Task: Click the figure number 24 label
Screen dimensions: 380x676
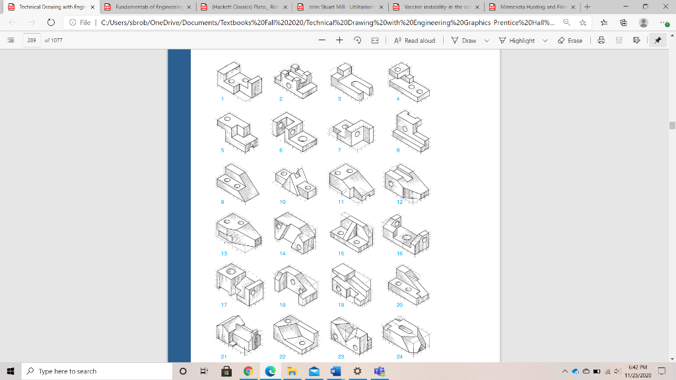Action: [x=399, y=356]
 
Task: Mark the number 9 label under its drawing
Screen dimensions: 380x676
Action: [x=222, y=201]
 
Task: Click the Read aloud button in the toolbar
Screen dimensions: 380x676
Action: [x=415, y=40]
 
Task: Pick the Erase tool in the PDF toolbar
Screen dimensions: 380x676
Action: [x=570, y=40]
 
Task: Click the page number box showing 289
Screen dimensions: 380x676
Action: [x=31, y=40]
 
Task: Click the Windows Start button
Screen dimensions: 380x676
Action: [x=11, y=371]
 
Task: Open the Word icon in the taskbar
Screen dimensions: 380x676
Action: [x=335, y=371]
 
